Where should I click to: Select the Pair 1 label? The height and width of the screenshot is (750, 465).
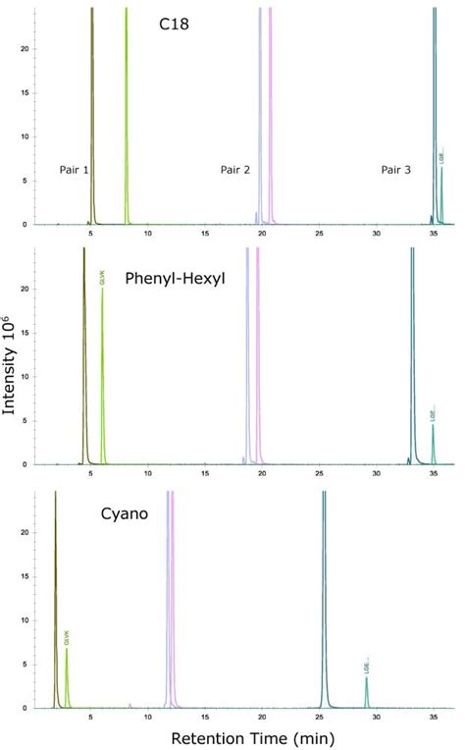(74, 170)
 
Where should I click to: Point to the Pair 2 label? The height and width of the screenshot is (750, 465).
(234, 170)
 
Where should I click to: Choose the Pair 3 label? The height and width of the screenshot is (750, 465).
(395, 170)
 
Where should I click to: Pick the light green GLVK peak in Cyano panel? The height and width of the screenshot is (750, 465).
(67, 677)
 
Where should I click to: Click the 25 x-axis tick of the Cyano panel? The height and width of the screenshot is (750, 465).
(320, 717)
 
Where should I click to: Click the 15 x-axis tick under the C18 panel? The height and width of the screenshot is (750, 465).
(205, 235)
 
